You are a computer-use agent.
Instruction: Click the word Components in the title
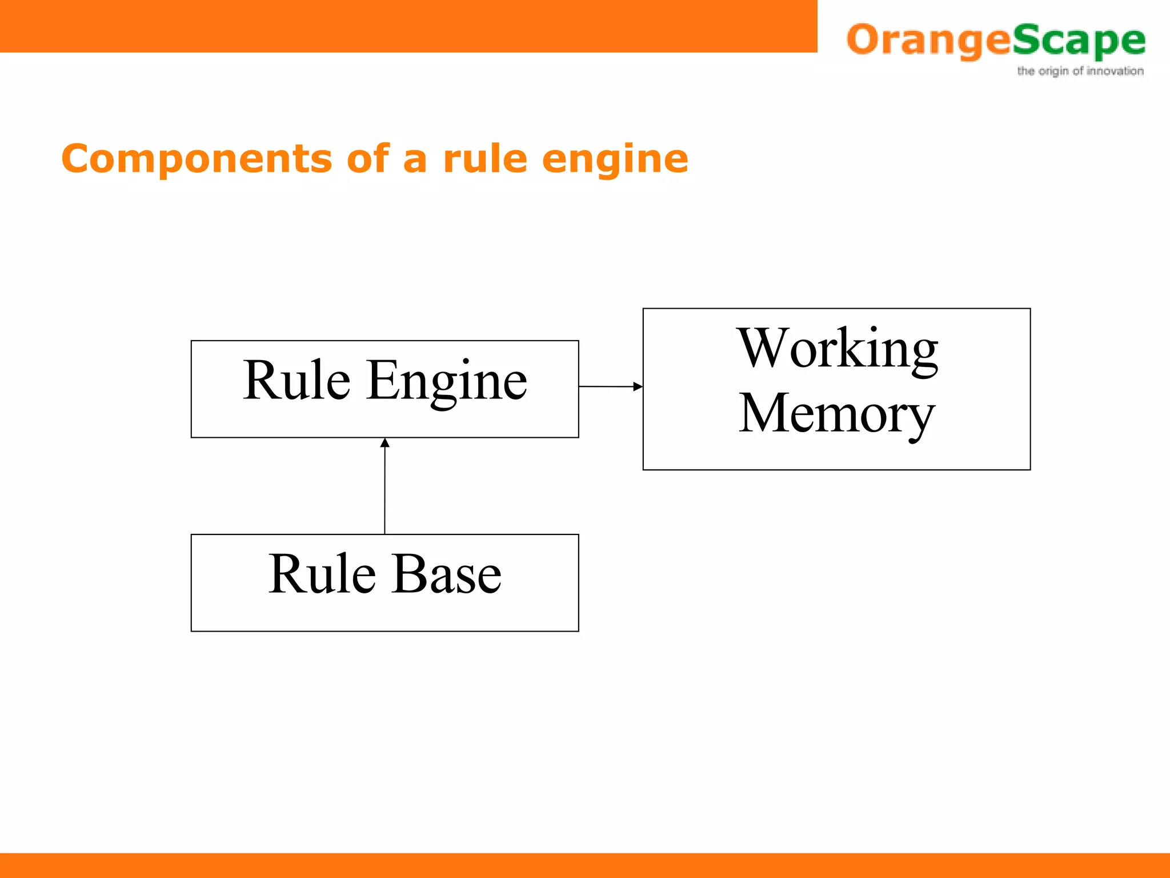point(196,159)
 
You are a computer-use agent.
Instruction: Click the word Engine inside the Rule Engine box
point(447,381)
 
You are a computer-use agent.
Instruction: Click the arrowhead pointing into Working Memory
point(638,386)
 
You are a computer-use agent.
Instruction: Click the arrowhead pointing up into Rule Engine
point(385,442)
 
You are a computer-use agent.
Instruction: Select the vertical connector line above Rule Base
point(384,492)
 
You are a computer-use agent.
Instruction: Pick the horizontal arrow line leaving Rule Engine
point(606,386)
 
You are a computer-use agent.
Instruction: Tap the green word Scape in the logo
point(1079,41)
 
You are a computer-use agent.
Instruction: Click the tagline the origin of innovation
point(1080,71)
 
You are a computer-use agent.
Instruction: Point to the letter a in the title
point(415,161)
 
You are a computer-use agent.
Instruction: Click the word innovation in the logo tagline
point(1115,71)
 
